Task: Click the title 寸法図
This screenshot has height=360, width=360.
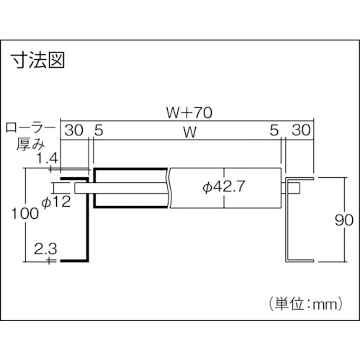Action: tap(39, 60)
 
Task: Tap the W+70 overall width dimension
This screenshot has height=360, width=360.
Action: tap(189, 112)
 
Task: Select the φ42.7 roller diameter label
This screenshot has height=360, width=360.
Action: tap(223, 186)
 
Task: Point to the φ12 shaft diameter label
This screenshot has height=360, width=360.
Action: tap(56, 202)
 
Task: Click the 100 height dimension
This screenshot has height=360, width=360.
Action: tap(25, 213)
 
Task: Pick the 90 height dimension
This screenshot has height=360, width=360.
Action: tap(344, 220)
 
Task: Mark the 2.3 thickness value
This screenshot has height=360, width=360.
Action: tap(45, 248)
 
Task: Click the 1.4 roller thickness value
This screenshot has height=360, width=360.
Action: tap(48, 158)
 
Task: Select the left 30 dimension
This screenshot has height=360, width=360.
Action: tap(74, 130)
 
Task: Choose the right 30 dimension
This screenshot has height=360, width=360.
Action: tap(301, 130)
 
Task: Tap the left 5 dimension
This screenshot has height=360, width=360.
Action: tap(99, 130)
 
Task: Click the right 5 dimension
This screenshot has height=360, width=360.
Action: tap(274, 130)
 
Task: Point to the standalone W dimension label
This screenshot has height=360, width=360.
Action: tap(190, 132)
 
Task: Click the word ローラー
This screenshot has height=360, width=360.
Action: tap(30, 128)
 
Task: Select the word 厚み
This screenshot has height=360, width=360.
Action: tap(30, 145)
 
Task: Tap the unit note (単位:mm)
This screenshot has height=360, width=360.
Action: tap(305, 304)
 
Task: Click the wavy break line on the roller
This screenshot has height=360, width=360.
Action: tap(169, 188)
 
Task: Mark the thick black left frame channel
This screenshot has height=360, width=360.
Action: tap(87, 220)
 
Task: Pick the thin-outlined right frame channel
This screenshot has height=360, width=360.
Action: tap(287, 220)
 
